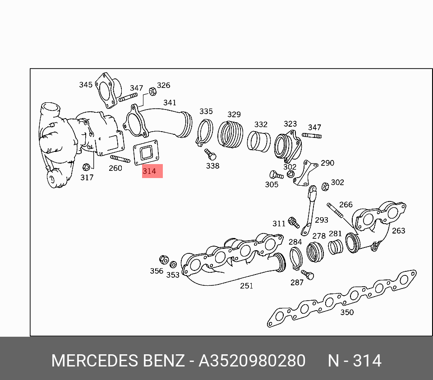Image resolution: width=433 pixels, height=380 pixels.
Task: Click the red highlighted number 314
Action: (x=149, y=171)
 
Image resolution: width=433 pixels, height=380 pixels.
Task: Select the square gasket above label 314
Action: (x=146, y=153)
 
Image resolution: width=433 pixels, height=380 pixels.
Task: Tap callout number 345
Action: (x=86, y=85)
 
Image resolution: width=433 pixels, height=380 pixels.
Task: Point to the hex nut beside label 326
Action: (x=152, y=92)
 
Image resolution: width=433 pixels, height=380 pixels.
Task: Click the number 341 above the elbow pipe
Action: (x=170, y=103)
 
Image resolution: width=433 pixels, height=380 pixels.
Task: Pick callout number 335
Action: (x=206, y=111)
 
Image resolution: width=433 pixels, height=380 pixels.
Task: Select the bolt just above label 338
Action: (x=211, y=155)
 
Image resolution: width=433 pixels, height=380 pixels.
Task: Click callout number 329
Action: (x=234, y=114)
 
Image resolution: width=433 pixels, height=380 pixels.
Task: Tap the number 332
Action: (x=261, y=124)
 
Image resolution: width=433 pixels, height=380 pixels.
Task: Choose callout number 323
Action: (x=290, y=124)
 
